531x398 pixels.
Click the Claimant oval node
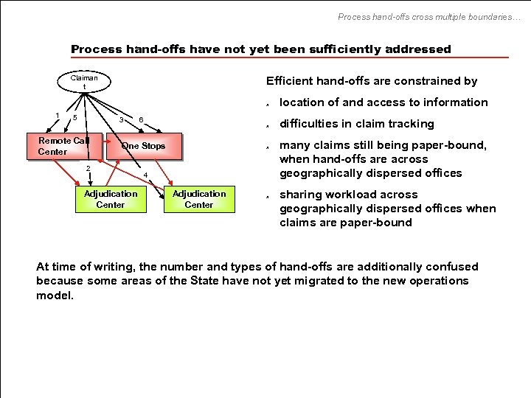tap(84, 83)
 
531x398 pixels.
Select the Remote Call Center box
tap(63, 146)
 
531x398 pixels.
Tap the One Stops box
tap(143, 146)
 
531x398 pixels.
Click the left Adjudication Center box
tap(111, 199)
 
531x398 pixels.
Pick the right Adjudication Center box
tap(199, 199)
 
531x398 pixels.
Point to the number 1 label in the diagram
tap(58, 114)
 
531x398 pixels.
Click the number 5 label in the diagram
tap(74, 119)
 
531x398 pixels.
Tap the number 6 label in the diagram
tap(141, 120)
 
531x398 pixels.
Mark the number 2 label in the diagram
tap(87, 169)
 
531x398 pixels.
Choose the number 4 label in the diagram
tap(146, 175)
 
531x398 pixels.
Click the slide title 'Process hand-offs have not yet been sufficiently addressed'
tap(260, 49)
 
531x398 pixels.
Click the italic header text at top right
tap(428, 16)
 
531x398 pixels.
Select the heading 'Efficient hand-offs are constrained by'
tap(371, 81)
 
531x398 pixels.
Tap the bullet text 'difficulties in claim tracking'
tap(356, 124)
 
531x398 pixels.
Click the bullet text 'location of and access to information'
tap(383, 102)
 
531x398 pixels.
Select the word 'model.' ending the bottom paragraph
tap(55, 295)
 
